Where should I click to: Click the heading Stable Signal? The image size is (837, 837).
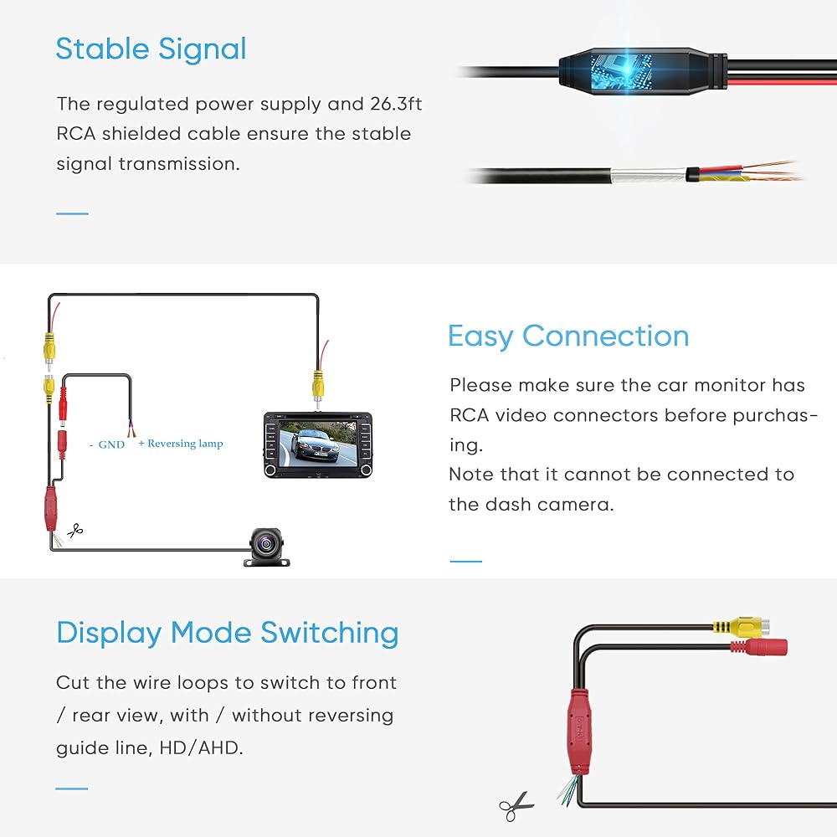(x=151, y=49)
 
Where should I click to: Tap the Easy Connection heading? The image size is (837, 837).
(x=567, y=336)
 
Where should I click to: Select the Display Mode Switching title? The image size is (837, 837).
(x=227, y=632)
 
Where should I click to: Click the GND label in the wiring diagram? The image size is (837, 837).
(x=111, y=444)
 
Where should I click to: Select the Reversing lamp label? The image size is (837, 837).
(x=185, y=443)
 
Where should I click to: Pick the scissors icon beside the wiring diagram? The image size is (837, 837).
(x=75, y=530)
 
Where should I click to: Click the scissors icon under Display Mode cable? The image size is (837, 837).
(x=516, y=805)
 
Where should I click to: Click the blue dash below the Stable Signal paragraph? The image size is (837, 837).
(x=72, y=213)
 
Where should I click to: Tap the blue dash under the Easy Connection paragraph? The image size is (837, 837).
(x=466, y=561)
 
